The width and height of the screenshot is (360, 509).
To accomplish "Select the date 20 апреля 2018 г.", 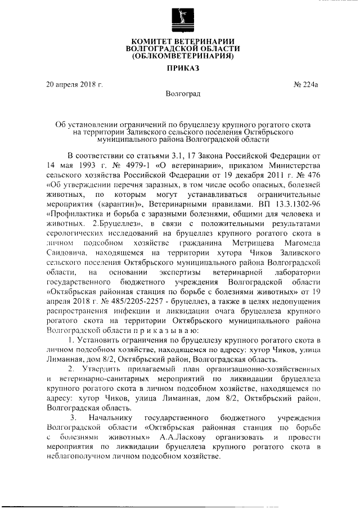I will coord(74,85).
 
